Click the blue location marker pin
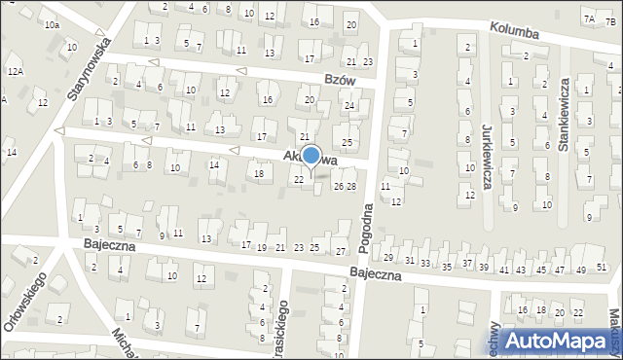311,157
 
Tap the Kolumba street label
516,32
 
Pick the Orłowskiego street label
24,304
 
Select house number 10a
51,24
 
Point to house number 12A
15,71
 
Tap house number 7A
588,18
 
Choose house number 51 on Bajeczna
601,268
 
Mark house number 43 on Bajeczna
521,269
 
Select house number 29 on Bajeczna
388,258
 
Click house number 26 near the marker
339,186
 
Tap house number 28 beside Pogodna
351,186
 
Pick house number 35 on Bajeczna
447,266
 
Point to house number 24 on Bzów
348,105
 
